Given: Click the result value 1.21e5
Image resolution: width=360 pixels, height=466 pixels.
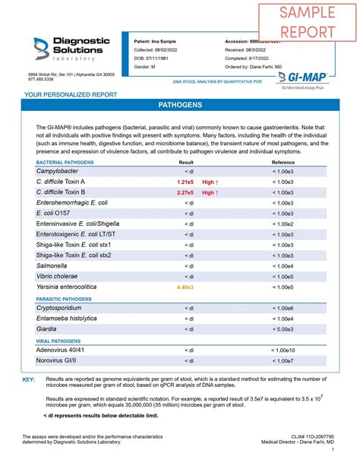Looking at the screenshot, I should pyautogui.click(x=185, y=183).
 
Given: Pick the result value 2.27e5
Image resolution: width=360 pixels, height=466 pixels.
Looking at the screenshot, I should pyautogui.click(x=185, y=193).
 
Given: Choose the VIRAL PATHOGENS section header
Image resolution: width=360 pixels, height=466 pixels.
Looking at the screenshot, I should pyautogui.click(x=59, y=341).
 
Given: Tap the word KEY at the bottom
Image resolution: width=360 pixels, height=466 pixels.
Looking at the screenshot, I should pyautogui.click(x=29, y=378).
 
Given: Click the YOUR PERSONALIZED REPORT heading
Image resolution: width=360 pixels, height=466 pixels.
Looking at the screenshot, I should pyautogui.click(x=71, y=94).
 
